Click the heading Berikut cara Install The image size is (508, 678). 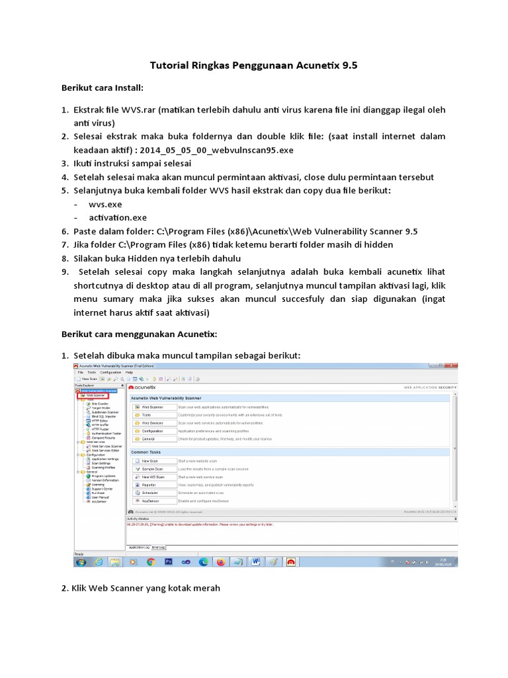coord(103,87)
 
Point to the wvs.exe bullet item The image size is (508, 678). coord(105,205)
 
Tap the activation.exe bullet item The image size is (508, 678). coord(118,218)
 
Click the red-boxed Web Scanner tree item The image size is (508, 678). coord(95,395)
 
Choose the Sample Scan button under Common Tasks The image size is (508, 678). coord(153,469)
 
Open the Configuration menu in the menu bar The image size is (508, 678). coord(111,372)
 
